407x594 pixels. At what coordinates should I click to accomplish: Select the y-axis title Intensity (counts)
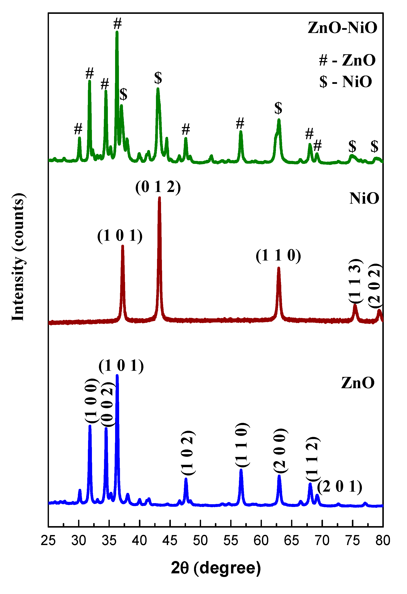(18, 257)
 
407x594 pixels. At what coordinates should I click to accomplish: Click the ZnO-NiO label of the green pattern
(342, 28)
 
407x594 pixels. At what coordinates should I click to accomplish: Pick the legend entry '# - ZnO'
(347, 60)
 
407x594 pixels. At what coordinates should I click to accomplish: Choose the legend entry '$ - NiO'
(346, 82)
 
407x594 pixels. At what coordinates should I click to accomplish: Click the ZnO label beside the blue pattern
(358, 383)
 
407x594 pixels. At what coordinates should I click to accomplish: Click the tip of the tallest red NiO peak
(159, 198)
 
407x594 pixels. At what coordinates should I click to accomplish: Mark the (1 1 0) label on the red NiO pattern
(278, 256)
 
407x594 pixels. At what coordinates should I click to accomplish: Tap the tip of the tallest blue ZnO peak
(117, 375)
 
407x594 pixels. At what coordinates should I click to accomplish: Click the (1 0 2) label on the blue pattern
(188, 453)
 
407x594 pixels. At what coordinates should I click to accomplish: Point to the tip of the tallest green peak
(117, 32)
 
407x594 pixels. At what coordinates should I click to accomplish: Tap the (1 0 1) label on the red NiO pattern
(120, 236)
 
